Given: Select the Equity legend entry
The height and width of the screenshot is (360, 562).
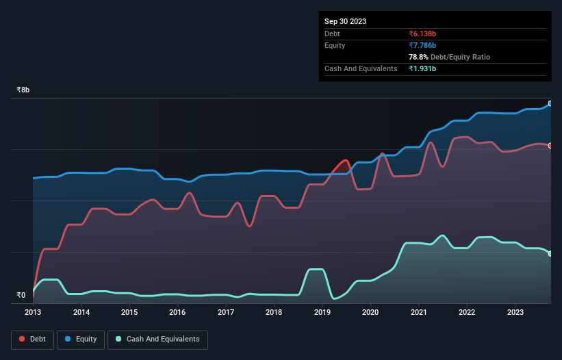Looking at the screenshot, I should tap(81, 339).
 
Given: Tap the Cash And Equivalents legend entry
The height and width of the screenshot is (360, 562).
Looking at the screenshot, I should tap(157, 339).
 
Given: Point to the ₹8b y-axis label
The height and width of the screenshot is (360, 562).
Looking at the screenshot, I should tap(23, 90).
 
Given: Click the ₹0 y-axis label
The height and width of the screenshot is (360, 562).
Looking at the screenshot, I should tap(21, 296).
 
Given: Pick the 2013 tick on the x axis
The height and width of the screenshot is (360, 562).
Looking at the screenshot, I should tap(33, 312).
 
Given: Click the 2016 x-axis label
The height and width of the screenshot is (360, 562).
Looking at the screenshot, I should tap(177, 312).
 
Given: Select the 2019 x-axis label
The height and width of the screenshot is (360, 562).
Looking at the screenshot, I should tap(322, 312).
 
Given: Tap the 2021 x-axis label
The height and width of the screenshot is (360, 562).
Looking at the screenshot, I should tap(418, 312).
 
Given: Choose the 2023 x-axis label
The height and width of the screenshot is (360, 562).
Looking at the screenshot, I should tap(515, 312).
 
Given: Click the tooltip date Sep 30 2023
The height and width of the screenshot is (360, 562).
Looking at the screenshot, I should tap(345, 21).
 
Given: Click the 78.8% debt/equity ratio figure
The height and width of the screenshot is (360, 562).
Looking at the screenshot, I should tap(419, 57).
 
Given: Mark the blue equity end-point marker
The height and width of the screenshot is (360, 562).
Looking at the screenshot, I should tap(550, 103).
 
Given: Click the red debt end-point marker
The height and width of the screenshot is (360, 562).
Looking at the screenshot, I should tap(550, 146).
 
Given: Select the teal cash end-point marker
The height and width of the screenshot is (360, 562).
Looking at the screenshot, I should tap(550, 254).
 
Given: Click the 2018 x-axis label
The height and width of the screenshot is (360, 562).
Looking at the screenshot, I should tap(274, 312).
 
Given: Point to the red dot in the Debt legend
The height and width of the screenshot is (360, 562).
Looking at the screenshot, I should tap(23, 339).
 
